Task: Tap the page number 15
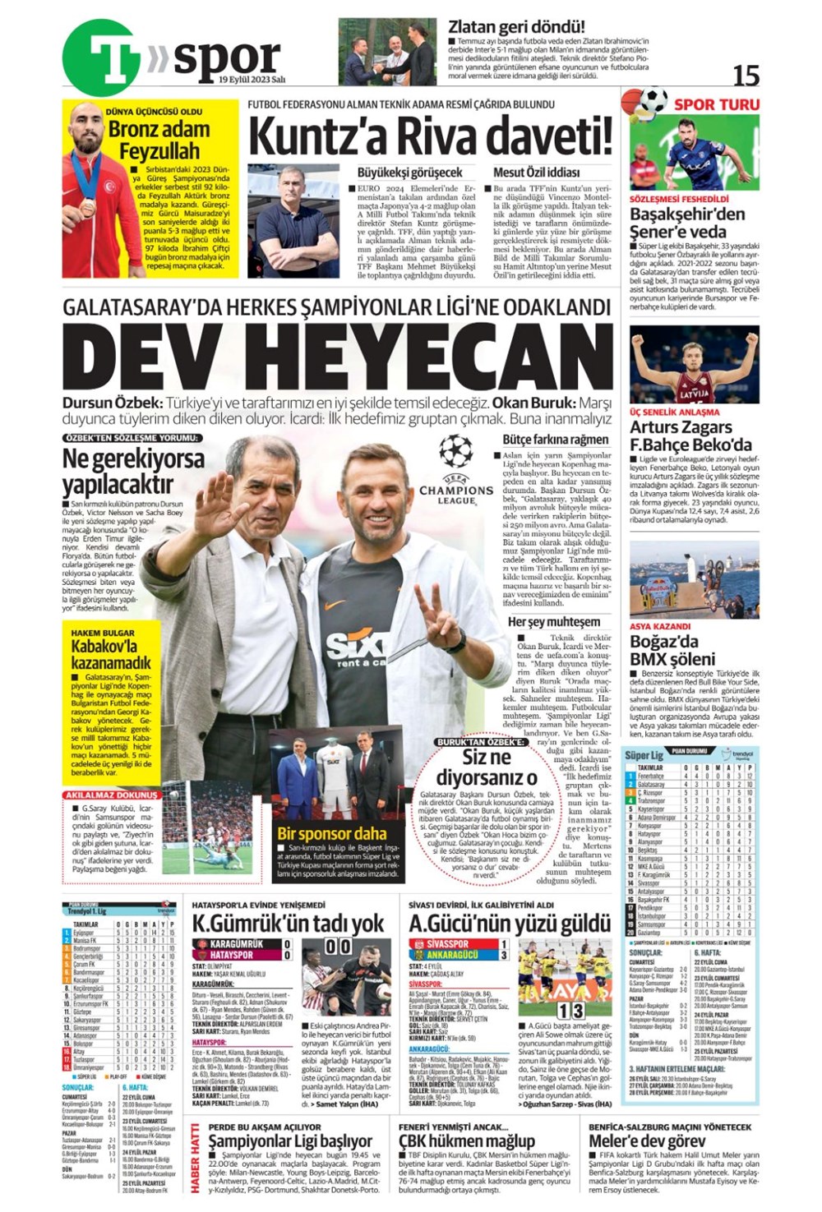point(746,76)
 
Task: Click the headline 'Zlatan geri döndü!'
point(516,26)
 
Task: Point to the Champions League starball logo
point(455,452)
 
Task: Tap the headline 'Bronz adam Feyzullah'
point(159,140)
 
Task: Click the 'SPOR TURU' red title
point(716,104)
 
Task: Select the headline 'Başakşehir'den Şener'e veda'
point(688,223)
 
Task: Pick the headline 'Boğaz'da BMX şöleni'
point(672,650)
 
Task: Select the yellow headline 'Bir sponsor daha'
point(331,833)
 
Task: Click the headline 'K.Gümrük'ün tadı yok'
point(288,923)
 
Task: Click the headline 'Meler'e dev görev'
point(647,1141)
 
